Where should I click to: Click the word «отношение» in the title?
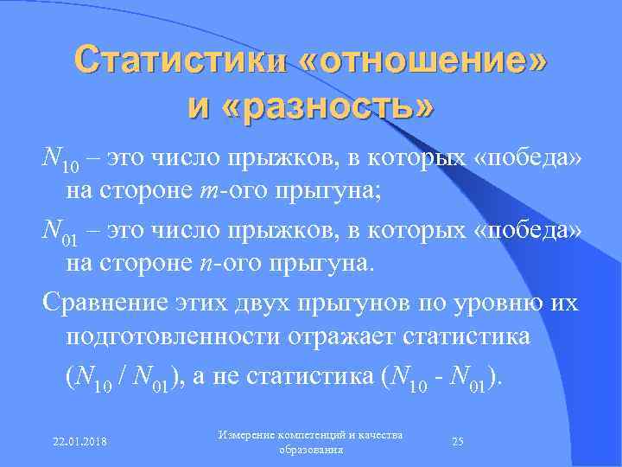pos(424,61)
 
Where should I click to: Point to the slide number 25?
pos(459,441)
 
